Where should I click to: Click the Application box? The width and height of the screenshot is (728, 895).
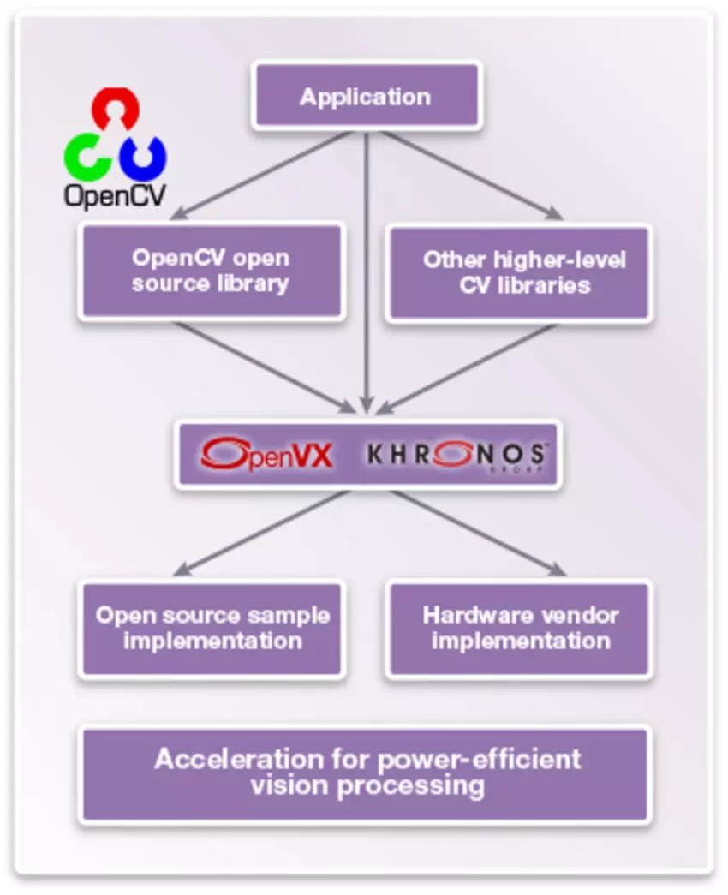point(366,95)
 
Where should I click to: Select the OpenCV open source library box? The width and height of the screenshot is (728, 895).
point(211,271)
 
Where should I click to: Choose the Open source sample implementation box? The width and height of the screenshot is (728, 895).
point(212,629)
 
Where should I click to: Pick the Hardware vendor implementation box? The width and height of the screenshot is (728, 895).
point(519,629)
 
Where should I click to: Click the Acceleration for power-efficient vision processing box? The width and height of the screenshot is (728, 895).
point(366,773)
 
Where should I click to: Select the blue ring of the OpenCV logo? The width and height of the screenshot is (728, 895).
point(143,156)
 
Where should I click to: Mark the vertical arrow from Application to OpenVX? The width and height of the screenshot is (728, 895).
point(367,274)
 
